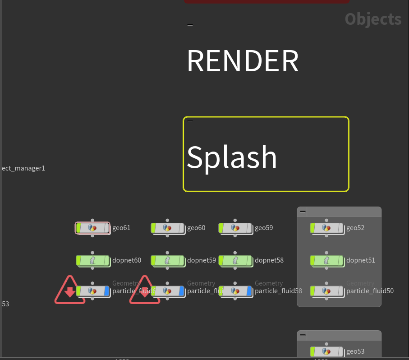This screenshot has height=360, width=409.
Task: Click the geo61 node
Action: tap(92, 228)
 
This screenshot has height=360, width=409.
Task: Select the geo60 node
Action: tap(167, 228)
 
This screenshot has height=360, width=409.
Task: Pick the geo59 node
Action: tap(235, 228)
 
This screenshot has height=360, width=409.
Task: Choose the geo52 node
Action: tap(326, 228)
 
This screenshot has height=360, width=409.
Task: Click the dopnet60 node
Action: tap(92, 260)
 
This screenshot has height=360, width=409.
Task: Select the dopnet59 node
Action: tap(167, 260)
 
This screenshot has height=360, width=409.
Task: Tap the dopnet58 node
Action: tap(235, 260)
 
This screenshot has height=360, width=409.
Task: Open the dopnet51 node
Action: tap(326, 260)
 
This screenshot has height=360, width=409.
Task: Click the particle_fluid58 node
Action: tap(235, 291)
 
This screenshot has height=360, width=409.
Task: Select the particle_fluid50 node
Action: tap(326, 291)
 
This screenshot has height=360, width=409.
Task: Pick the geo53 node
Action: tap(326, 351)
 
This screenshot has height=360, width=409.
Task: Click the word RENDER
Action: tap(243, 61)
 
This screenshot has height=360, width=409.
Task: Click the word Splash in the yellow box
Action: tap(232, 157)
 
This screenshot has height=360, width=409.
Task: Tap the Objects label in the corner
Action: tap(373, 19)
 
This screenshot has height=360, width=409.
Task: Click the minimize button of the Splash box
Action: tap(190, 121)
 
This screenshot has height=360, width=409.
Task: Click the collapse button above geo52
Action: tap(303, 211)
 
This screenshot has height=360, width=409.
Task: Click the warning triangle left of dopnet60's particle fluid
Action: tap(69, 291)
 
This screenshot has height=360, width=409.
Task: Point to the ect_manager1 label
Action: tap(23, 168)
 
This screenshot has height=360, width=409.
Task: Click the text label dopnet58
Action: tap(269, 260)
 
